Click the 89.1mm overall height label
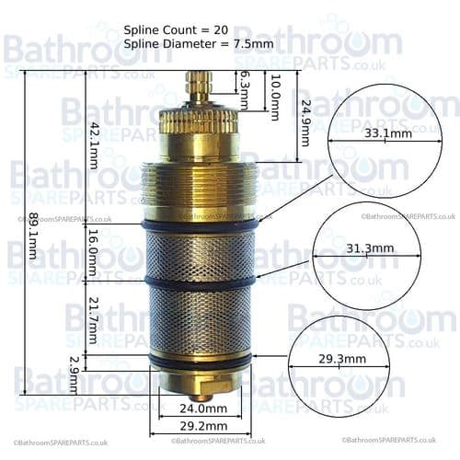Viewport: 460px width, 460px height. pos(32,237)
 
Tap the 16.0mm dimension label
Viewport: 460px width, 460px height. pos(92,254)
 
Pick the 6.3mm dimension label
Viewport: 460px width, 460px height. pos(244,89)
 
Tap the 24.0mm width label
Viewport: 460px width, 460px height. pos(202,408)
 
